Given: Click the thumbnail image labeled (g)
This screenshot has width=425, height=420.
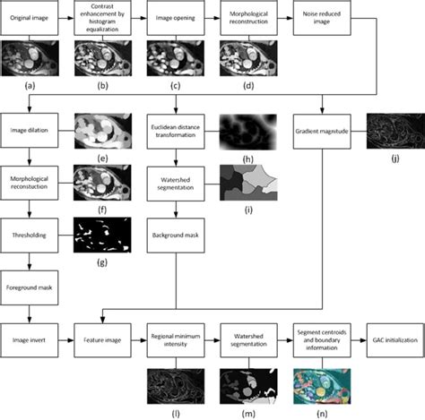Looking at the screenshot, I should (x=101, y=233).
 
